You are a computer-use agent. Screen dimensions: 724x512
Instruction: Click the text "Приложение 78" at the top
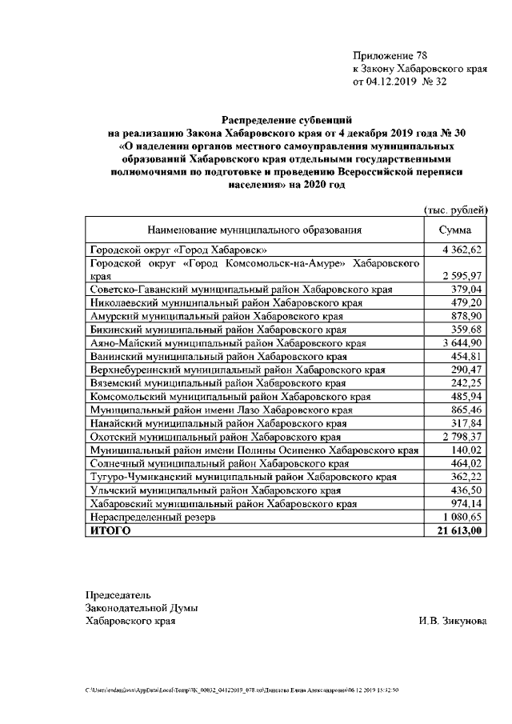pos(390,56)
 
